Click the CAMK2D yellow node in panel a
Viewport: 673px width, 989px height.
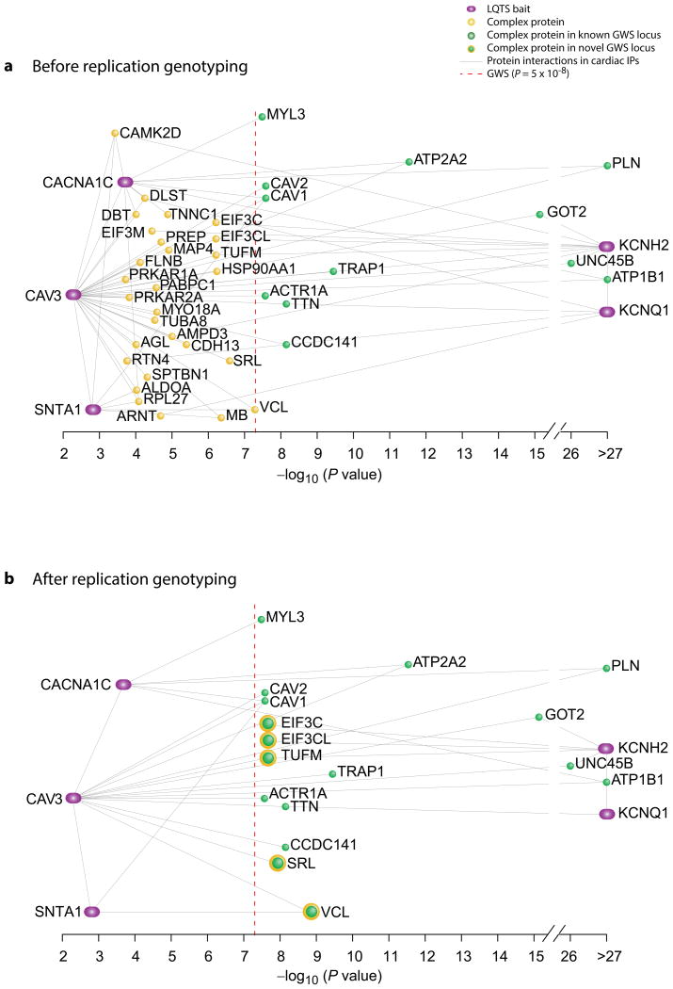point(115,134)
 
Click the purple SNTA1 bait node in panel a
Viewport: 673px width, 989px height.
point(92,409)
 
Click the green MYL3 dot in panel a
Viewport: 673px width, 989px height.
point(262,116)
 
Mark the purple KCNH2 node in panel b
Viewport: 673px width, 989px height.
point(605,748)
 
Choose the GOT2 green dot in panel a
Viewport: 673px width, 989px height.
point(539,214)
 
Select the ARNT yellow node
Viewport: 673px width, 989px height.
point(161,415)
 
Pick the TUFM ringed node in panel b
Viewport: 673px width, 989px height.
point(268,757)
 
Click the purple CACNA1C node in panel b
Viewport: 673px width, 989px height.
point(122,684)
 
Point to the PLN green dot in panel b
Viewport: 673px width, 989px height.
point(606,668)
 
